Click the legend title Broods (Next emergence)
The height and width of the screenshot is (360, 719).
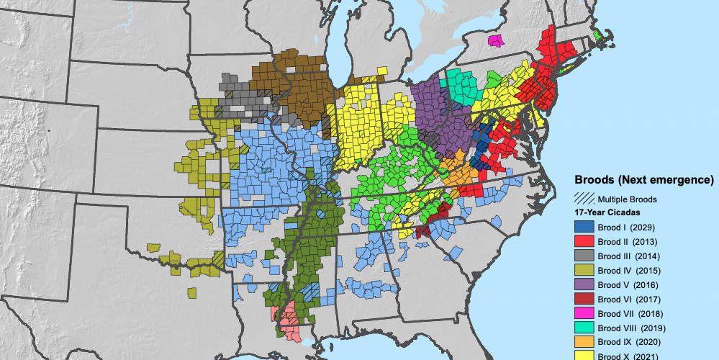point(643,179)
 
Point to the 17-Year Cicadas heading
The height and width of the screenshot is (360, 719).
point(607,212)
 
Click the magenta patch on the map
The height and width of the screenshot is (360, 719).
point(495,40)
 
